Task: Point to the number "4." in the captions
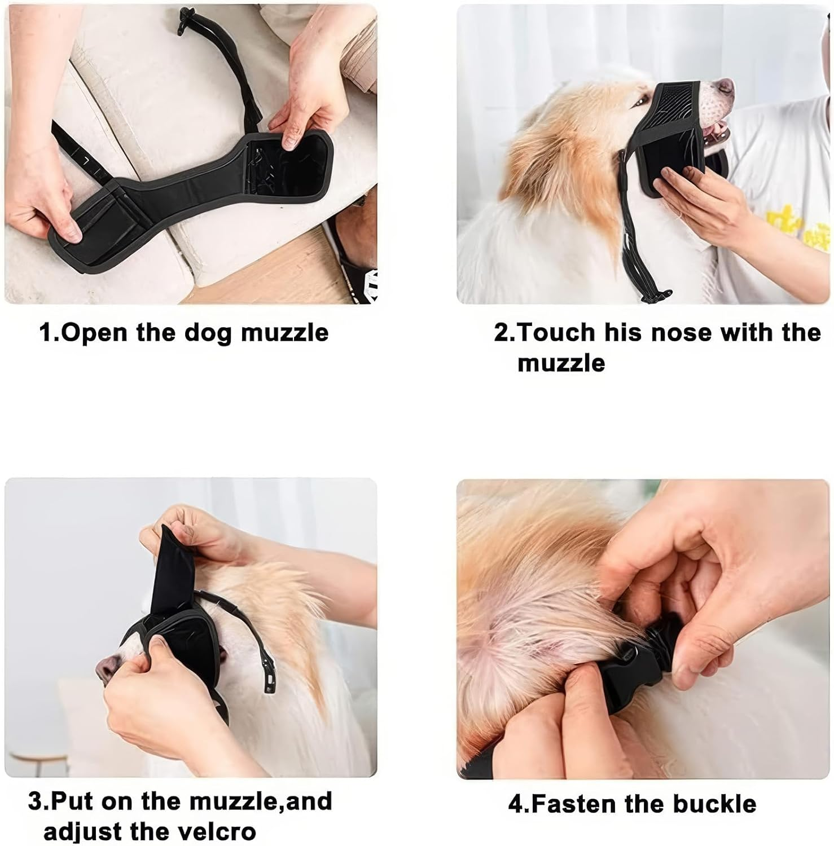tap(519, 804)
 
